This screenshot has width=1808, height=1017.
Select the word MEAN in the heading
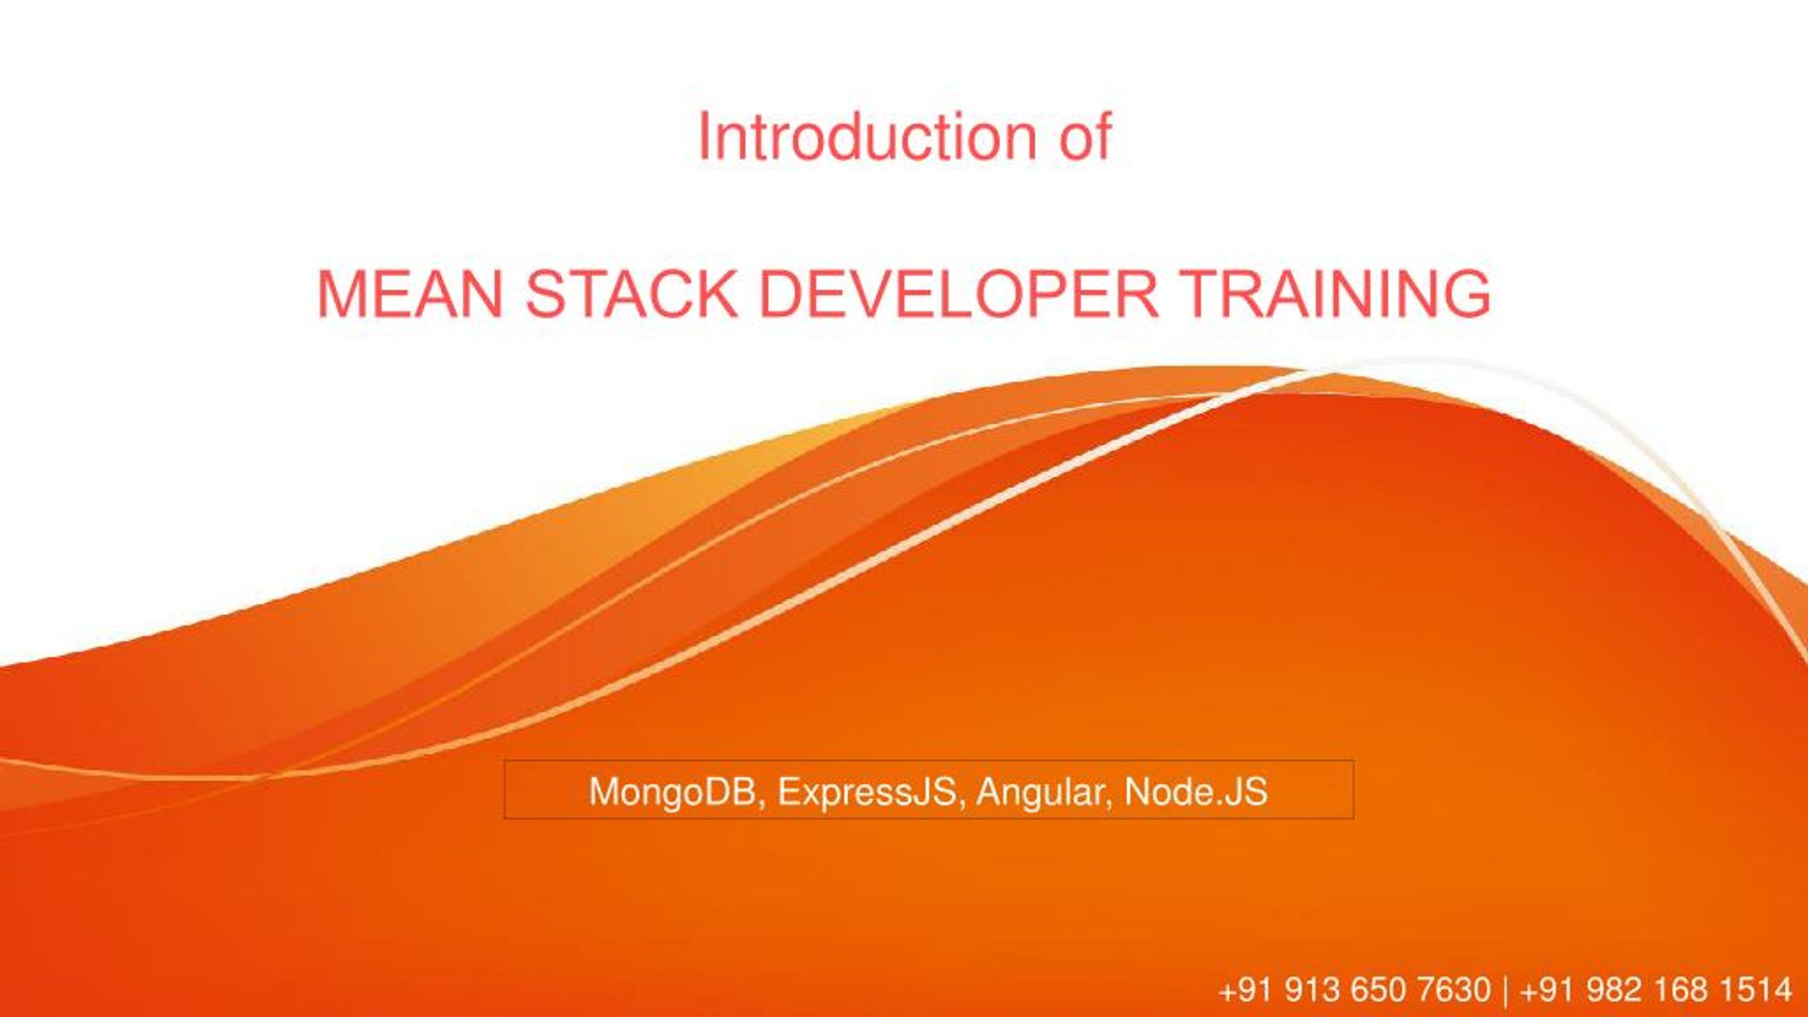coord(410,294)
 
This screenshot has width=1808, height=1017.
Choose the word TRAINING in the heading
coord(1334,294)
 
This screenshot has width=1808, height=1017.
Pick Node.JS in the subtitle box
coord(1196,792)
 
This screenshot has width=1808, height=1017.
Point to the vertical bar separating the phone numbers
coord(1505,990)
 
